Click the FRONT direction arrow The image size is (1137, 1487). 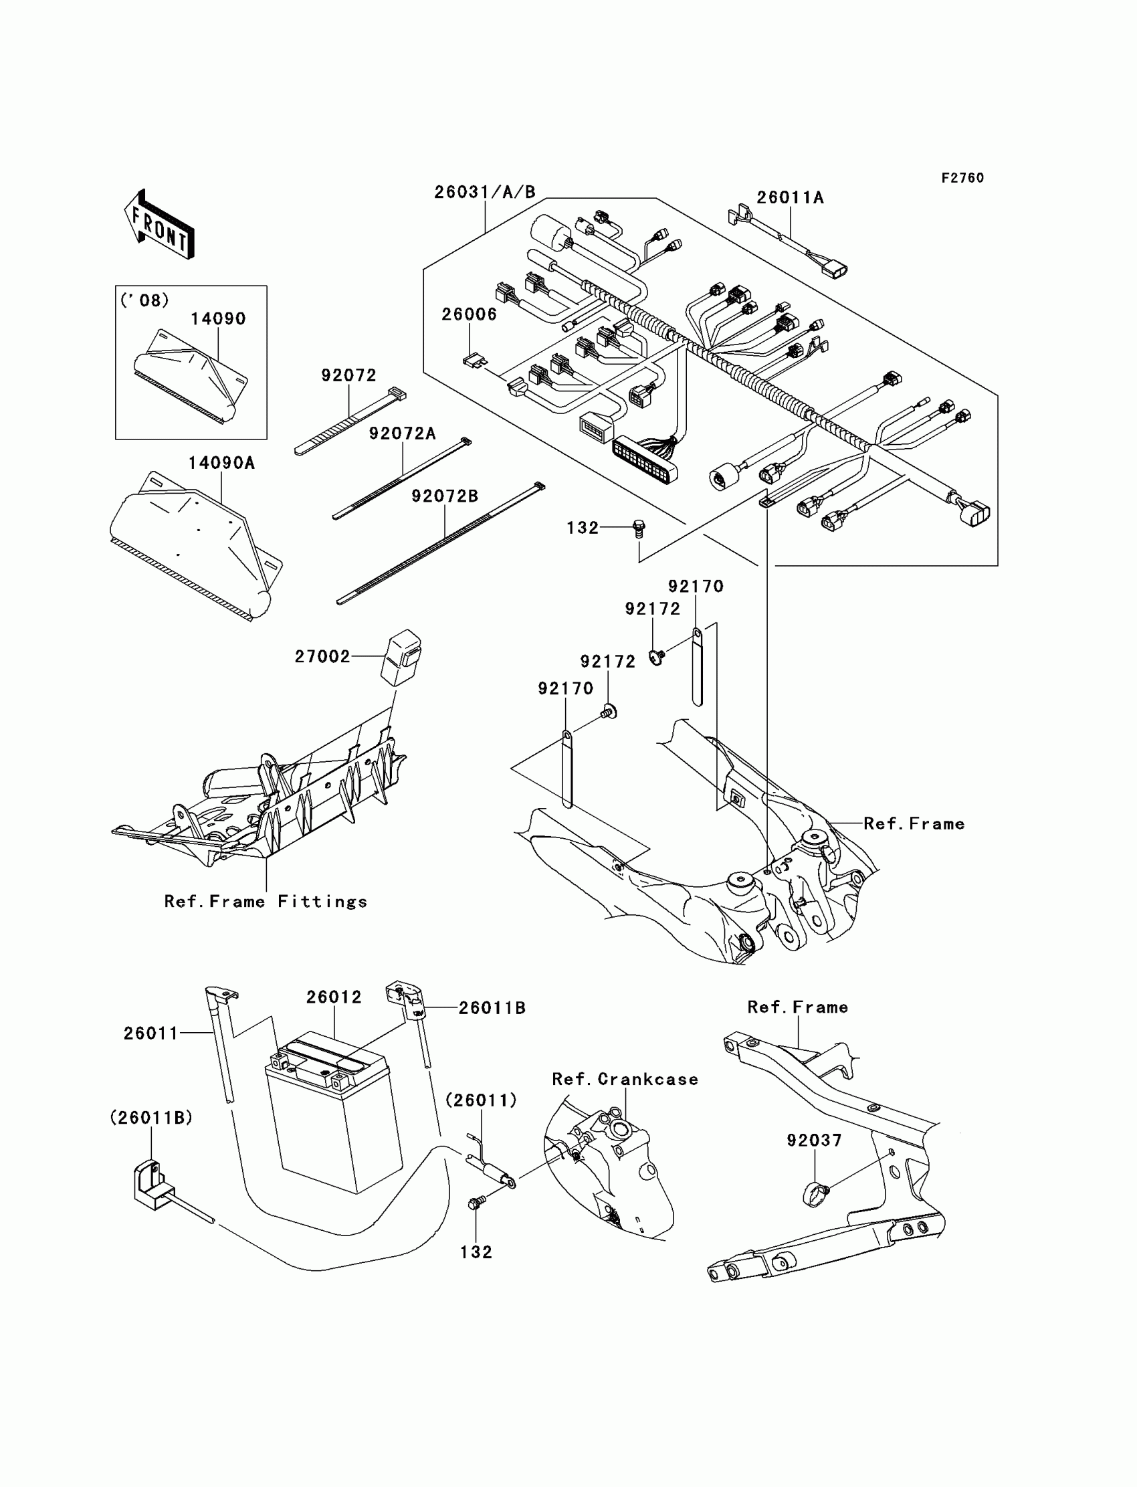[x=160, y=225]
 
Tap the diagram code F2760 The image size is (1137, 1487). [x=962, y=178]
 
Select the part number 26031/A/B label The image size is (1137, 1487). [x=485, y=192]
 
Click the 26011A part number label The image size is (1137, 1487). [x=790, y=197]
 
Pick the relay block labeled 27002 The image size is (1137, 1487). [x=401, y=656]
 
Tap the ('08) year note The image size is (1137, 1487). [x=144, y=300]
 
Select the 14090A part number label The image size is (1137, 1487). [x=221, y=463]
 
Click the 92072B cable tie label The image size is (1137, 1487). [x=445, y=496]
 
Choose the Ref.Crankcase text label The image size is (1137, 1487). [x=625, y=1079]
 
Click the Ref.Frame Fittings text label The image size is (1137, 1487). [x=266, y=902]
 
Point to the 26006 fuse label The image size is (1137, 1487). [x=469, y=314]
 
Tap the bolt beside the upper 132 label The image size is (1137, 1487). [x=637, y=528]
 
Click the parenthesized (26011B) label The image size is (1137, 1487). [x=151, y=1118]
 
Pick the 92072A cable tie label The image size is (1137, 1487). [x=402, y=433]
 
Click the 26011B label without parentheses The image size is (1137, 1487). [x=492, y=1008]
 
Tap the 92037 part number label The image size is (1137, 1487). [x=814, y=1141]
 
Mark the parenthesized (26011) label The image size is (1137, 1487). [x=480, y=1100]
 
